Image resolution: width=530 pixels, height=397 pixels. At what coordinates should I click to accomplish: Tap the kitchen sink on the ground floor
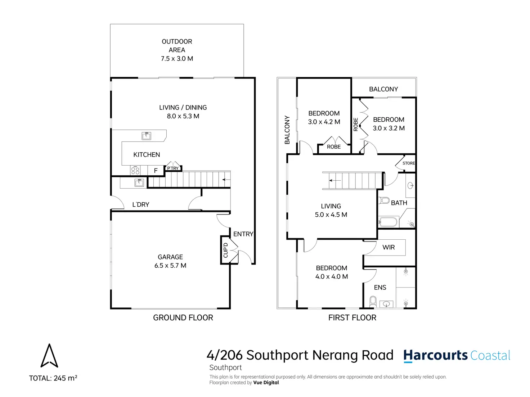click(146, 136)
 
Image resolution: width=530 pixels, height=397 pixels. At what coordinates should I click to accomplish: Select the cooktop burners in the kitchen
click(135, 170)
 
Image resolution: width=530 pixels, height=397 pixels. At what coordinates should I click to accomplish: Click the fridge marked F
click(156, 171)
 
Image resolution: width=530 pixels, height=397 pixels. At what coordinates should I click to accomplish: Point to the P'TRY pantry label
click(173, 168)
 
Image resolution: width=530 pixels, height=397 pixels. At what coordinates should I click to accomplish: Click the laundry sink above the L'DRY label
click(139, 182)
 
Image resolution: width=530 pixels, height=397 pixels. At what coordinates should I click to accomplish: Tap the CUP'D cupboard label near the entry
click(226, 250)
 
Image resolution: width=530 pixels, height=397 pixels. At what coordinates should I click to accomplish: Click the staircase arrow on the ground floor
click(226, 180)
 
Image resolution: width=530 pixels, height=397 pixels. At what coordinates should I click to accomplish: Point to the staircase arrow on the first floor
click(335, 180)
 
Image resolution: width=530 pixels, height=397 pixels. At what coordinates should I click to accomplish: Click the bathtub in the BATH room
click(388, 221)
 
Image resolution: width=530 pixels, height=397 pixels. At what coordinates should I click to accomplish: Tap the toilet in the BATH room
click(384, 200)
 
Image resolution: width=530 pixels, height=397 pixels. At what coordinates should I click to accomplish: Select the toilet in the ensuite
click(373, 301)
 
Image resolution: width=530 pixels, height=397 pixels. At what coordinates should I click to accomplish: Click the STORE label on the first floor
click(409, 163)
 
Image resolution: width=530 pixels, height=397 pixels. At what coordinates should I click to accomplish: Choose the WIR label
click(388, 247)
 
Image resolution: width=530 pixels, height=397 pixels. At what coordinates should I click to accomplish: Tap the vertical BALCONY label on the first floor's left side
click(287, 130)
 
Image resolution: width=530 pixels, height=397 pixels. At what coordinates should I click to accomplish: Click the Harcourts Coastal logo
click(457, 356)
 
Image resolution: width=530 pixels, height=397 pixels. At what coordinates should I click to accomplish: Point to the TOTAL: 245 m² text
click(53, 378)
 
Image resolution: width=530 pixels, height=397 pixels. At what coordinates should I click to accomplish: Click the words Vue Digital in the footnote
click(266, 383)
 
